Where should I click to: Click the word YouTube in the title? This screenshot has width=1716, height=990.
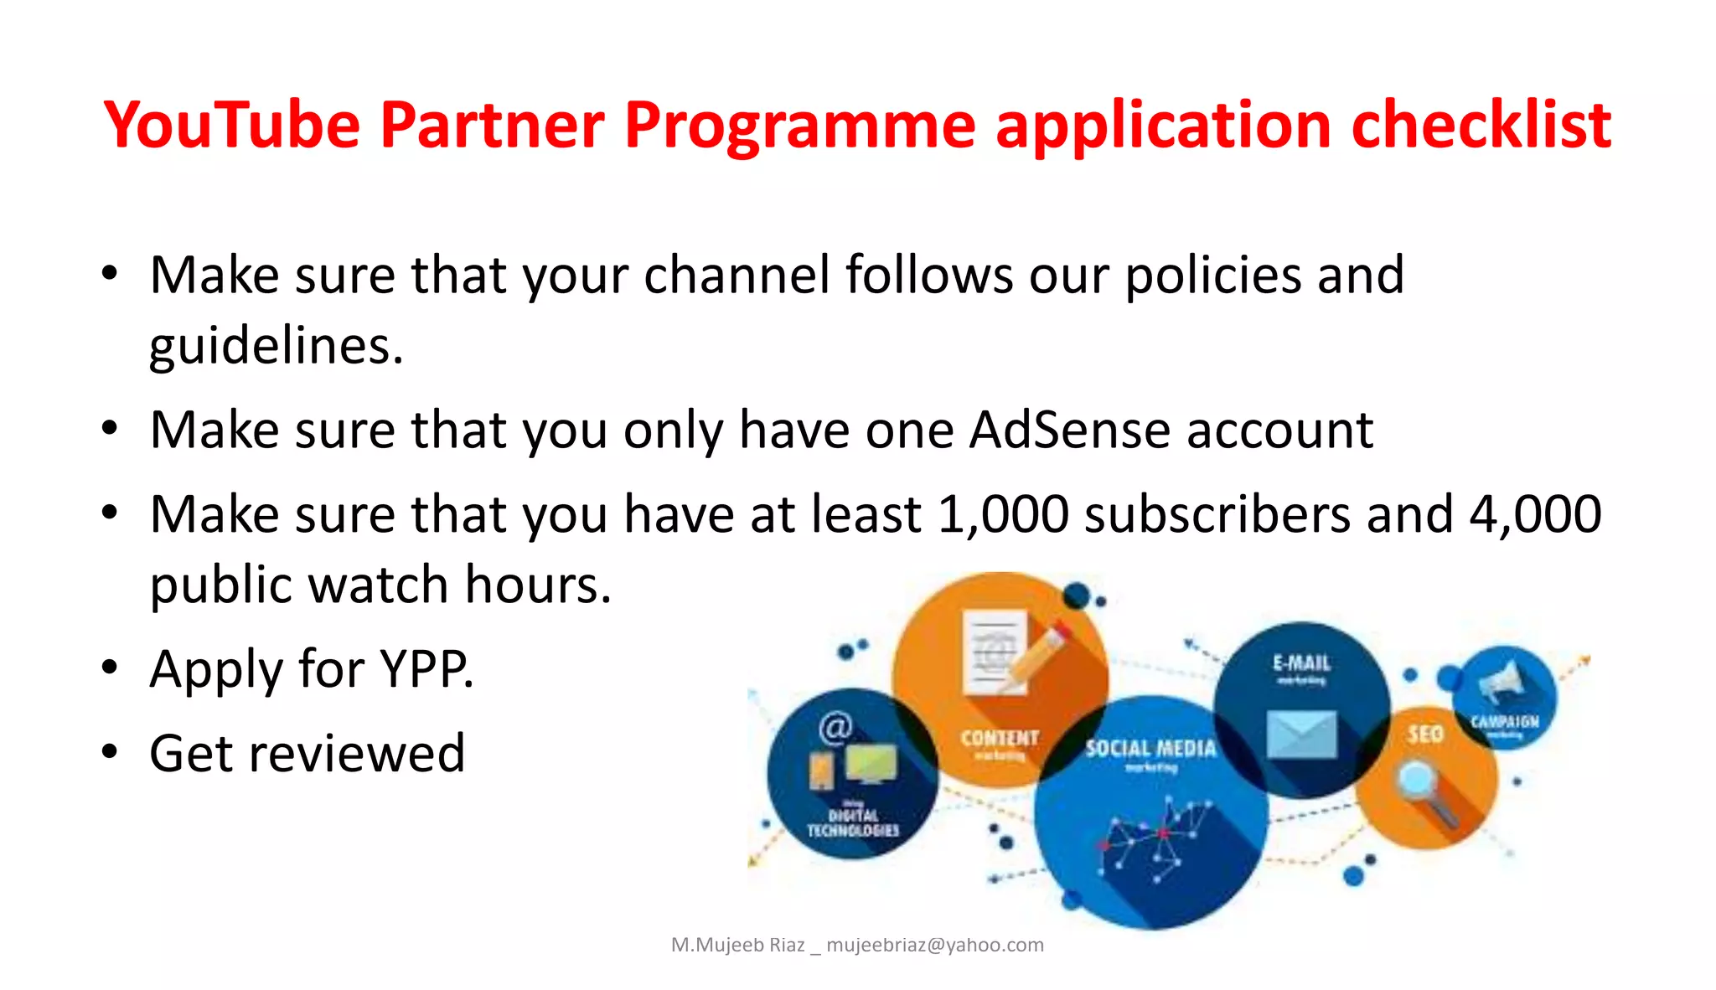click(x=232, y=126)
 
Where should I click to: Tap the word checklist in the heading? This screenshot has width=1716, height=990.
click(x=1481, y=126)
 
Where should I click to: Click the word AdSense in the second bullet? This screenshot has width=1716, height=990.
click(x=1069, y=431)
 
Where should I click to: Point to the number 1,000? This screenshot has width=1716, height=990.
click(x=1003, y=514)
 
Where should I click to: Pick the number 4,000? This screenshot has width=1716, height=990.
click(x=1535, y=514)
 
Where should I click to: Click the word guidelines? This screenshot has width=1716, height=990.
click(x=276, y=347)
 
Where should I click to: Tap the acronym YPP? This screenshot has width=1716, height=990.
click(x=426, y=669)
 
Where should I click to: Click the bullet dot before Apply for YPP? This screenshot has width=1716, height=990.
click(x=110, y=668)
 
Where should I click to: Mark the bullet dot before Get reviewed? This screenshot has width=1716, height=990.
click(x=110, y=751)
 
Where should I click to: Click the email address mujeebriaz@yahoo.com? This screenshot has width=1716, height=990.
click(x=934, y=946)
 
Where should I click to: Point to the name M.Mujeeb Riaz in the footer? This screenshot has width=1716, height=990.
click(x=737, y=946)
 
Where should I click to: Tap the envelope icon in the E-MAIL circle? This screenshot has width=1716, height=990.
click(x=1301, y=733)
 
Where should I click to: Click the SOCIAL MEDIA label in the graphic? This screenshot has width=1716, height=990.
click(x=1150, y=748)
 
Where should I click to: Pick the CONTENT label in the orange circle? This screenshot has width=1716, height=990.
click(x=1000, y=738)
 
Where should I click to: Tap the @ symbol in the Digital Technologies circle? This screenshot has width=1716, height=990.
click(x=835, y=727)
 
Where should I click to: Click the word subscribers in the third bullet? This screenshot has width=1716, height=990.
click(x=1217, y=514)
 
